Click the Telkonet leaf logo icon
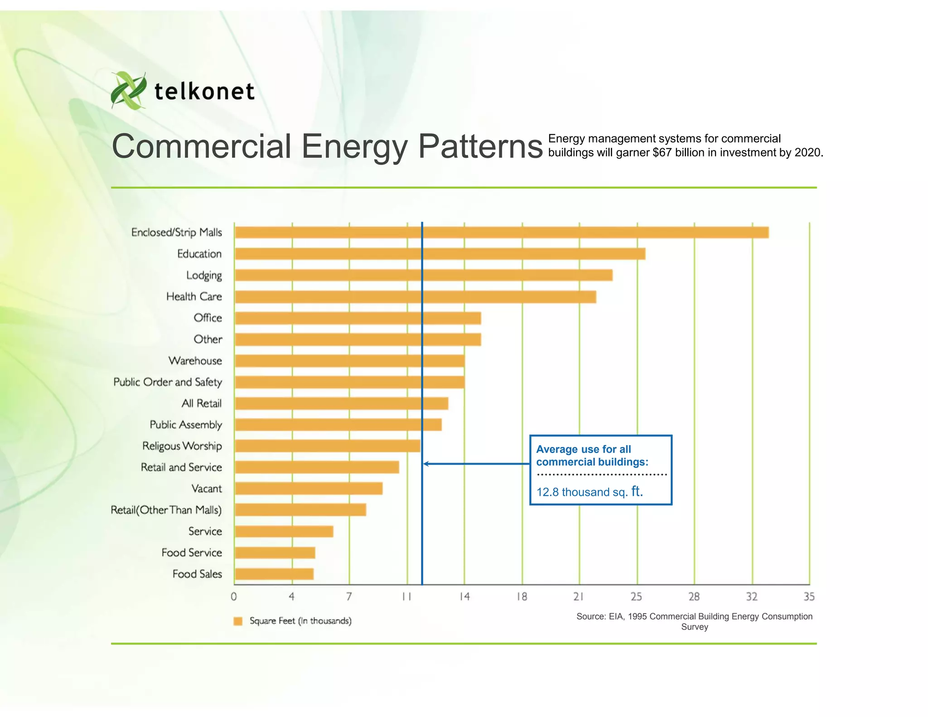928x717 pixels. (x=129, y=91)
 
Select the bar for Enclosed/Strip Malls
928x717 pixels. (x=502, y=233)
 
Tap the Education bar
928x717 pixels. (x=440, y=254)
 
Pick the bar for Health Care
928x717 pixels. (x=415, y=297)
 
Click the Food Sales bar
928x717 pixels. (x=274, y=574)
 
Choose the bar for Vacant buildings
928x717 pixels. (x=309, y=489)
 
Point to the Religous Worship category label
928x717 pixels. (x=182, y=446)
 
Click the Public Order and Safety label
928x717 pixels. (x=168, y=382)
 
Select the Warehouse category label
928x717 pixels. (x=195, y=361)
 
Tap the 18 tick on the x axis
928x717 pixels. (x=522, y=596)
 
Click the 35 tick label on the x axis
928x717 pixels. (x=809, y=596)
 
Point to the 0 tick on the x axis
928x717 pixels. (x=234, y=596)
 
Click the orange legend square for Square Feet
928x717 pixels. (x=238, y=621)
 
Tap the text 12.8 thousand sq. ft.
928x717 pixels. (x=589, y=492)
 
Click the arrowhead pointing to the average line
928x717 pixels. (x=426, y=464)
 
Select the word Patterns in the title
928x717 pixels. (x=480, y=146)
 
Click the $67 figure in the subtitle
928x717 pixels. (x=662, y=152)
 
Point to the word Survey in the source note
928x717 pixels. (x=694, y=627)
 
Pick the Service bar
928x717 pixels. (x=284, y=532)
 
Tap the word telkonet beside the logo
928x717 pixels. (x=204, y=91)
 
